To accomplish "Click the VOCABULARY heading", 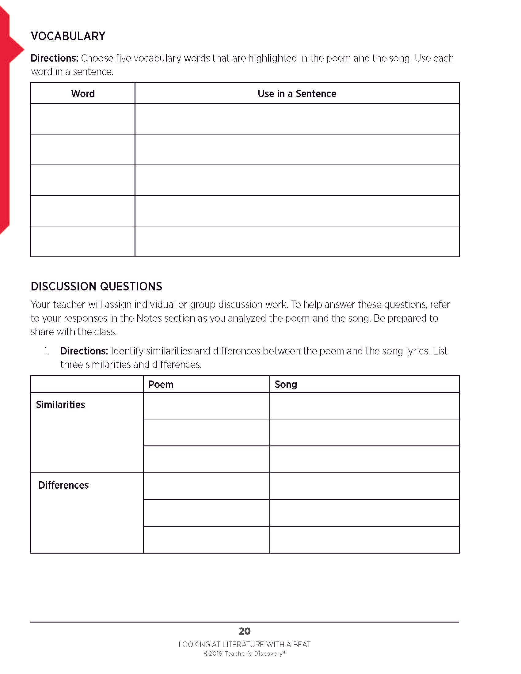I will (68, 36).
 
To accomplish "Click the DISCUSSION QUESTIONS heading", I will (96, 286).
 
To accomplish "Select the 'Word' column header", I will (83, 93).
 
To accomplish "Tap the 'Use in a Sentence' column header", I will (297, 93).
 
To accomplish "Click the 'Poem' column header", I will (161, 384).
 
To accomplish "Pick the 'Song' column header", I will (286, 384).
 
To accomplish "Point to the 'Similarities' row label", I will (60, 405).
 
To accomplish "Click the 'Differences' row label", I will (63, 485).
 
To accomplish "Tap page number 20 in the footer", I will (245, 631).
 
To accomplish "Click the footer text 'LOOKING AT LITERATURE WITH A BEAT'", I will (245, 644).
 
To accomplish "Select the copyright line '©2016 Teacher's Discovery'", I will (245, 654).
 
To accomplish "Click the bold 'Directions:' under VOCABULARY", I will (54, 58).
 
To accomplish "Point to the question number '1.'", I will (46, 351).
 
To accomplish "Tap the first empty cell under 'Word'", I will (83, 119).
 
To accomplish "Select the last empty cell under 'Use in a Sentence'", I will (297, 241).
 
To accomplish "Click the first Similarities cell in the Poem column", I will (206, 406).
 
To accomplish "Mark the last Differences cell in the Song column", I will (364, 540).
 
